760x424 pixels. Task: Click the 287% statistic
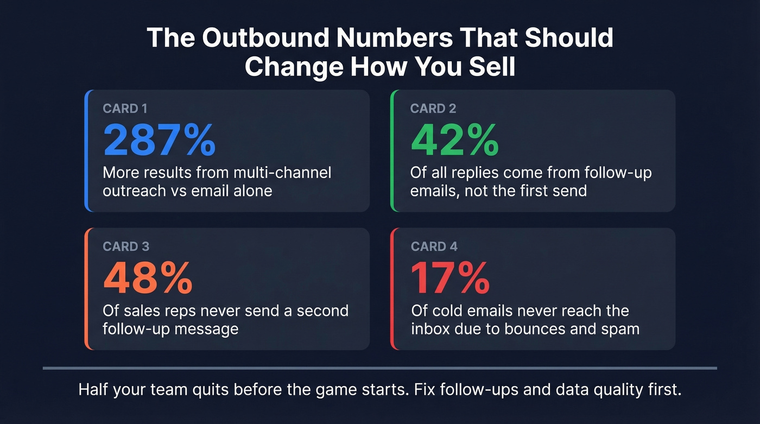click(x=159, y=140)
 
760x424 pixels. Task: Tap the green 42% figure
click(x=454, y=140)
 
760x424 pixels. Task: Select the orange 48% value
click(x=148, y=277)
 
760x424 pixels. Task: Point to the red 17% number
click(x=450, y=277)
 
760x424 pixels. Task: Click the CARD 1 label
click(x=125, y=109)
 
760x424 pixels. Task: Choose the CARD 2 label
click(x=432, y=109)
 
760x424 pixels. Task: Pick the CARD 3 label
click(x=126, y=246)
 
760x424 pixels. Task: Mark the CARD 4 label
click(x=434, y=246)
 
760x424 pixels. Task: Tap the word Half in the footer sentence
click(x=95, y=390)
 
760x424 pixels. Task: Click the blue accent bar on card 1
click(x=86, y=150)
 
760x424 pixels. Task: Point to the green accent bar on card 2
click(x=393, y=150)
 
